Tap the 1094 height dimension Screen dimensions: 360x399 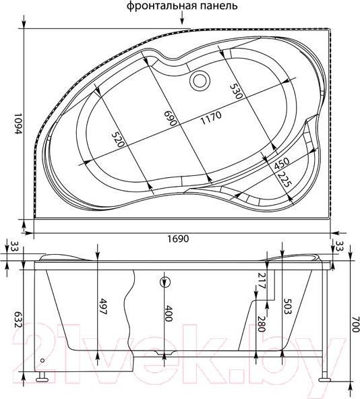click(17, 123)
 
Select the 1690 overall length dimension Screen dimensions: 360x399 click(178, 239)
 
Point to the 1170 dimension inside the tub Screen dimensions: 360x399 click(211, 117)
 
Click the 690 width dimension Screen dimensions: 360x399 click(171, 118)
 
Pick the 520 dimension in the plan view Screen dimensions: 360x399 click(118, 140)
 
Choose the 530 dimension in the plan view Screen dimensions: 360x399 click(235, 91)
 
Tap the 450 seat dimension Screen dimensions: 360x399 click(282, 164)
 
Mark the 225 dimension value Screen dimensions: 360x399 click(284, 180)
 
